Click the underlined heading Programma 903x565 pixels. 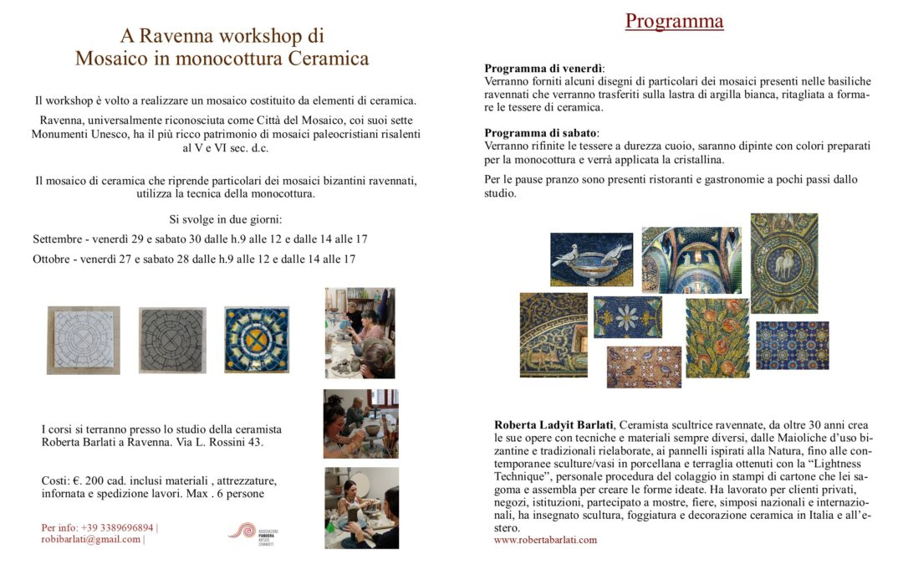pos(674,21)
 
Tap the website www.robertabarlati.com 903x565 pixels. pos(545,540)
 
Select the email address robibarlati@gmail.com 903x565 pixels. pos(91,539)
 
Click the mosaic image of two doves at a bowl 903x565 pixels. pos(591,259)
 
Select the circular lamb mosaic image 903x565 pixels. pos(783,263)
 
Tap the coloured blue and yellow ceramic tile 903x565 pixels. pos(257,339)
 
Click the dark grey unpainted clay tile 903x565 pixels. pos(172,340)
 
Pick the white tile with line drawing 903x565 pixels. pos(84,340)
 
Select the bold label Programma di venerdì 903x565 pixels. pos(544,69)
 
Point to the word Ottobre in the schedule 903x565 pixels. pos(51,259)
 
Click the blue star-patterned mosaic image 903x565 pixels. pos(792,345)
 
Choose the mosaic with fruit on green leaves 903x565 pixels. pos(717,337)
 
